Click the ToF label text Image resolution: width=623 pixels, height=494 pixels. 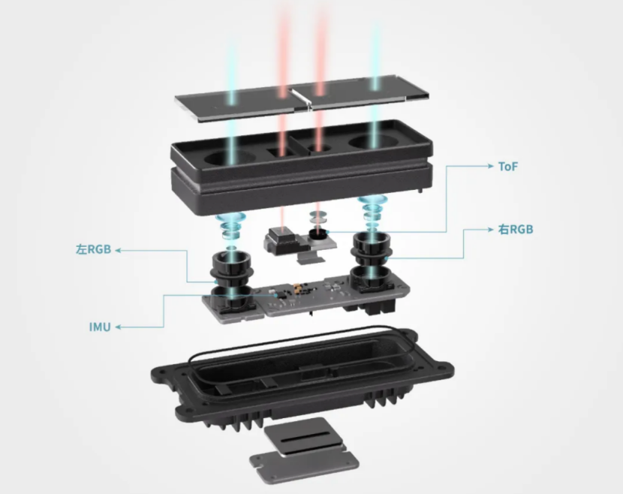click(x=508, y=167)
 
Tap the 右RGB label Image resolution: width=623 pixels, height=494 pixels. click(x=516, y=229)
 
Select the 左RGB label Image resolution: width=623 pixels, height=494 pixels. click(x=93, y=249)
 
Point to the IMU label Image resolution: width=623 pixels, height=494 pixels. click(x=100, y=327)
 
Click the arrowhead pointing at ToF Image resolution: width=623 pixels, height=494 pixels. click(x=490, y=166)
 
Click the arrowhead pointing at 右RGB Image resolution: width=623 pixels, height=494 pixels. click(x=490, y=229)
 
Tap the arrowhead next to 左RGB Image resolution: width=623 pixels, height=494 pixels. click(x=119, y=250)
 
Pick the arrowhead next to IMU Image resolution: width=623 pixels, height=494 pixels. click(x=119, y=327)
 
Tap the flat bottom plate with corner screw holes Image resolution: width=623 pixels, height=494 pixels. click(x=304, y=465)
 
